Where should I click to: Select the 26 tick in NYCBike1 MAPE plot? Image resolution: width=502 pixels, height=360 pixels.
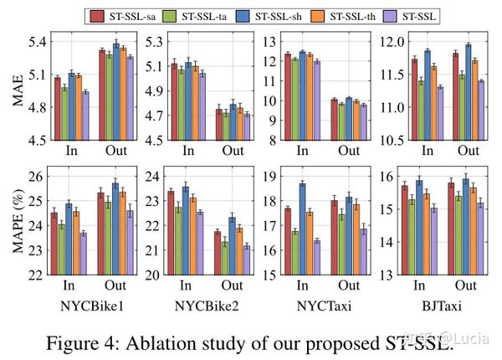tap(35, 176)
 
